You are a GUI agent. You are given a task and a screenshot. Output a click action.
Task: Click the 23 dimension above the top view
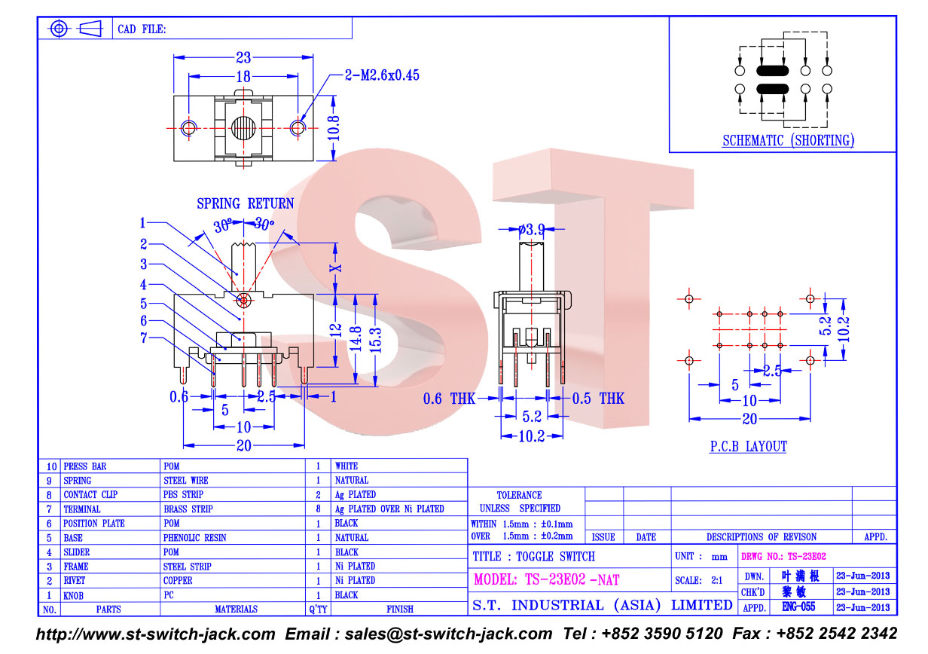pyautogui.click(x=243, y=57)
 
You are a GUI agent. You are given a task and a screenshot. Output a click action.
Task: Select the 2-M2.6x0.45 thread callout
pyautogui.click(x=382, y=75)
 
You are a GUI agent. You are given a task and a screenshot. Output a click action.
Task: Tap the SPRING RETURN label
pyautogui.click(x=246, y=203)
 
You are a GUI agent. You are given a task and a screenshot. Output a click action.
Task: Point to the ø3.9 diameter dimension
pyautogui.click(x=532, y=229)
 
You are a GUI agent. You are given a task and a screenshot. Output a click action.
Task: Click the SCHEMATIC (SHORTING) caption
pyautogui.click(x=789, y=140)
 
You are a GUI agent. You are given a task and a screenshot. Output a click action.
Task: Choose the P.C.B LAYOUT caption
pyautogui.click(x=749, y=446)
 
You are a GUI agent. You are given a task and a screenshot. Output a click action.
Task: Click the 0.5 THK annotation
pyautogui.click(x=598, y=399)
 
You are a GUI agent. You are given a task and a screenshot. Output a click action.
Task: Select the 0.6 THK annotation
pyautogui.click(x=449, y=399)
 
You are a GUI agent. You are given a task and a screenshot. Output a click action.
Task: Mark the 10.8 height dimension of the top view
pyautogui.click(x=334, y=128)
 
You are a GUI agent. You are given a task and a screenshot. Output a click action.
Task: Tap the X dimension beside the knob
pyautogui.click(x=336, y=267)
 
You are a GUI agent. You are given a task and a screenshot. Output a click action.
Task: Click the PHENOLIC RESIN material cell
pyautogui.click(x=194, y=537)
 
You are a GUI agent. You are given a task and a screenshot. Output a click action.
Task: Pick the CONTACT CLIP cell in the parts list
pyautogui.click(x=90, y=494)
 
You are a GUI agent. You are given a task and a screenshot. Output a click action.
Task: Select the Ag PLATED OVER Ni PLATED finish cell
pyautogui.click(x=389, y=509)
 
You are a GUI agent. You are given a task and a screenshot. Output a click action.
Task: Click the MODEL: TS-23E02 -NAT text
pyautogui.click(x=546, y=579)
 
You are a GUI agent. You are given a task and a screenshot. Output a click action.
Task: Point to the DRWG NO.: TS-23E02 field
pyautogui.click(x=783, y=556)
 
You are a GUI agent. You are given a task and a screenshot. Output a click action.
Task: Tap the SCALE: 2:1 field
pyautogui.click(x=698, y=580)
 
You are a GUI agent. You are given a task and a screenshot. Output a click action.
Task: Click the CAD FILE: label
pyautogui.click(x=142, y=29)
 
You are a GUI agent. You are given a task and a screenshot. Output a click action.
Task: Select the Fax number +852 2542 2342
pyautogui.click(x=815, y=633)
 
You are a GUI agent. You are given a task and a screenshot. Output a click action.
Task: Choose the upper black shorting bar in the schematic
pyautogui.click(x=772, y=71)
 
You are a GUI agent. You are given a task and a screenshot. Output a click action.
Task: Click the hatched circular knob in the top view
pyautogui.click(x=243, y=128)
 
